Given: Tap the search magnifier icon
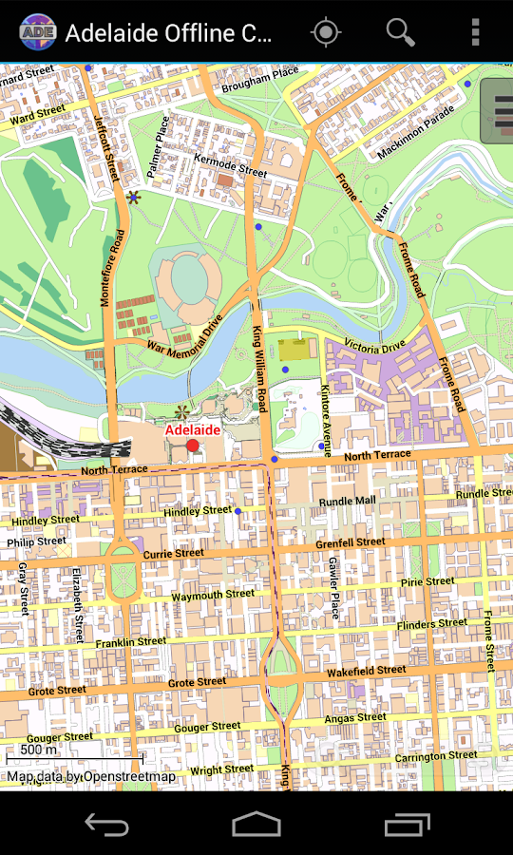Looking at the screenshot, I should [400, 32].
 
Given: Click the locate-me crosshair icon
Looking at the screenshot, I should [326, 32].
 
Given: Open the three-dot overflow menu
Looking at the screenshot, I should [475, 32].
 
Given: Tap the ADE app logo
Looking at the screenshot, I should [36, 33].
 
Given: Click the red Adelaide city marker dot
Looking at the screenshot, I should [193, 446].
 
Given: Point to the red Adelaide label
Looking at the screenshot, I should [193, 429].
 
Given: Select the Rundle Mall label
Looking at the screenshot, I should [347, 501].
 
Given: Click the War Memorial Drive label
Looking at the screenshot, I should [184, 333].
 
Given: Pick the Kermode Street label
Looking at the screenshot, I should [230, 164].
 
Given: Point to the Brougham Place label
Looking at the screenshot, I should [260, 80].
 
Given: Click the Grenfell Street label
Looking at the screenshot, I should [350, 542].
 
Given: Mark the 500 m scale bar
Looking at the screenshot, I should [74, 756].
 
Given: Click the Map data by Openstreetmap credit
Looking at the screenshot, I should [91, 776].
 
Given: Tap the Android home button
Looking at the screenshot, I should [256, 824].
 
